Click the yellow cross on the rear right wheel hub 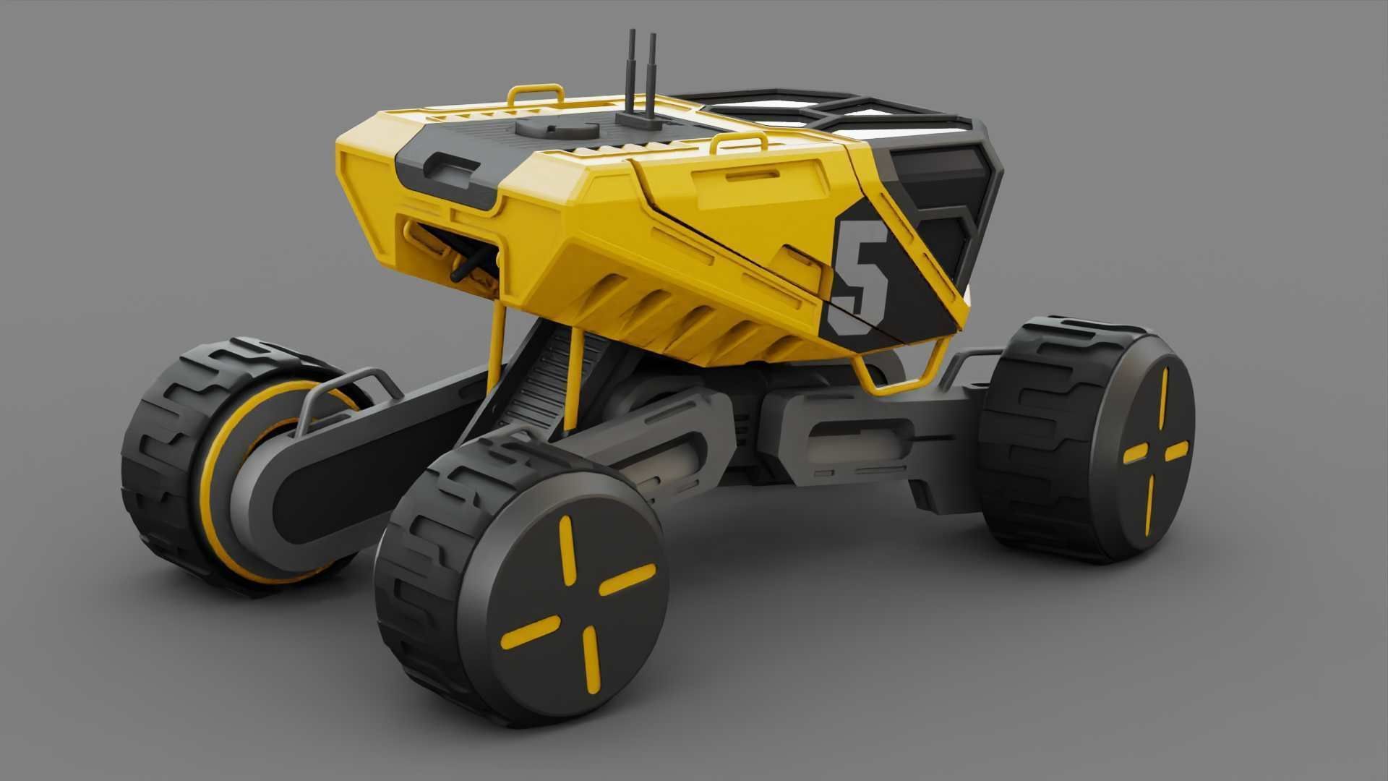(1157, 452)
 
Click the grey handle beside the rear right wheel (969, 362)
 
